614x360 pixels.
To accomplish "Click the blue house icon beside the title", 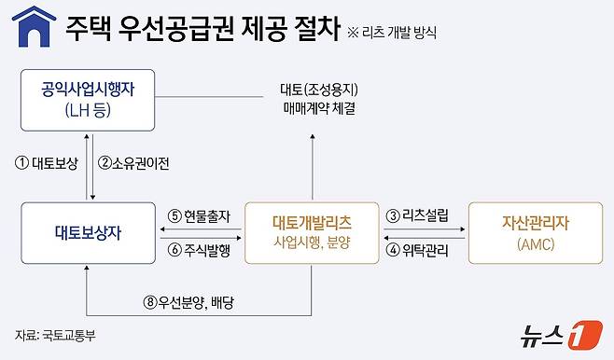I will point(31,26).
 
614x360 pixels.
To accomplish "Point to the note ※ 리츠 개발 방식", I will point(391,32).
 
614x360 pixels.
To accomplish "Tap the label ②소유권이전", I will point(135,163).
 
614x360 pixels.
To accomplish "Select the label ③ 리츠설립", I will point(417,215).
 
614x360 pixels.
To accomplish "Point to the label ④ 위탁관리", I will point(417,249).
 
